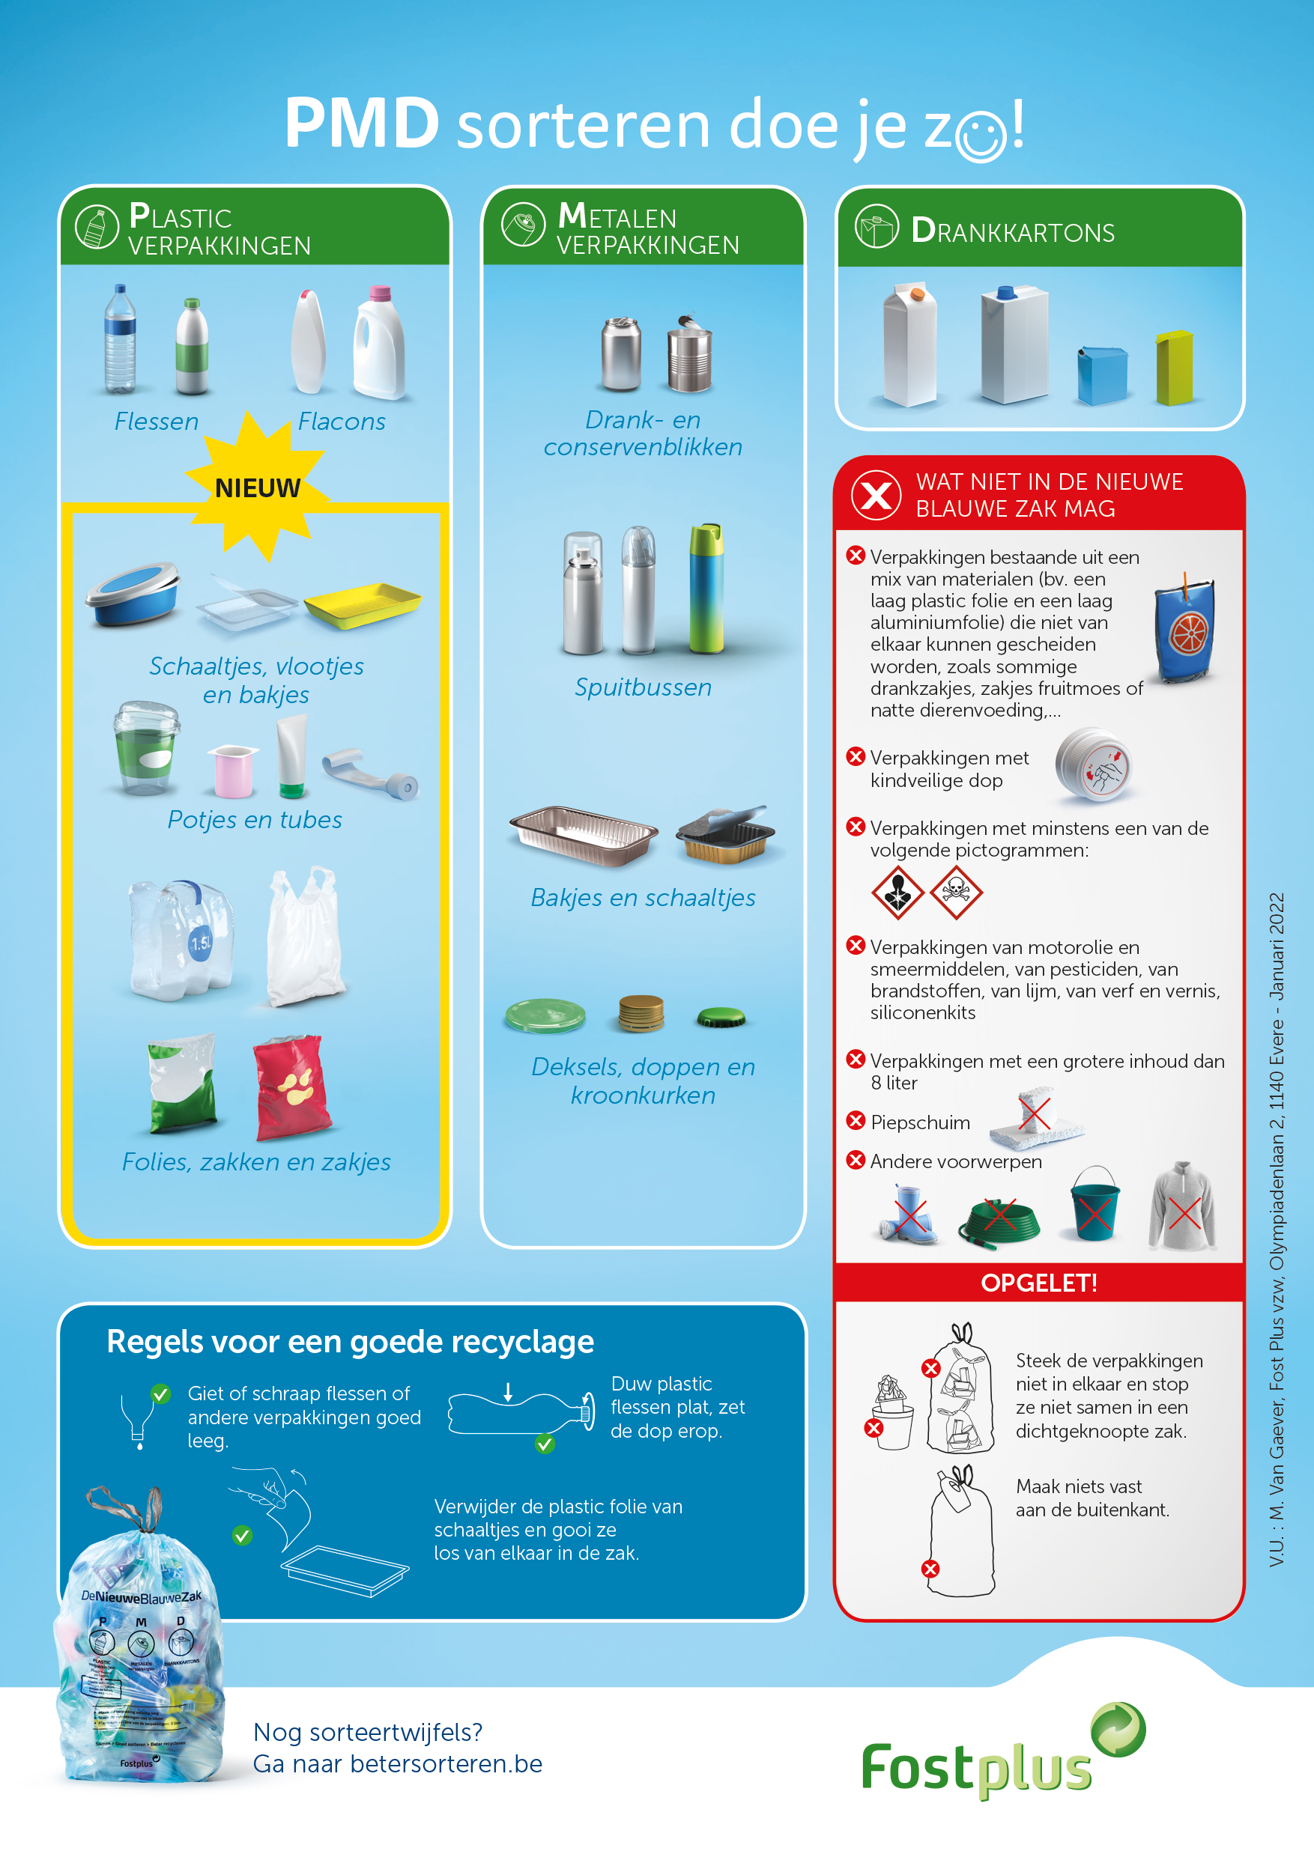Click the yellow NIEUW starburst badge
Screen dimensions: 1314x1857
[x=257, y=486]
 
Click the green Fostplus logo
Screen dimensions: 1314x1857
[x=1003, y=1752]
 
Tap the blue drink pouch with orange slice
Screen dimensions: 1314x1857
[x=1185, y=630]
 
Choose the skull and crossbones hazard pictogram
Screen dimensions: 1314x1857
[x=956, y=892]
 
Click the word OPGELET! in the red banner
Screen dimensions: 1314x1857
[x=1039, y=1283]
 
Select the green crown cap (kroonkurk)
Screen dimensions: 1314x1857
[x=721, y=1017]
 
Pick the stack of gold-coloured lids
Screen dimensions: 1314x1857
[x=641, y=1013]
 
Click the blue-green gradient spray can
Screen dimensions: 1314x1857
[x=706, y=588]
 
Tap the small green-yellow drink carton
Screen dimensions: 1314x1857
[x=1174, y=367]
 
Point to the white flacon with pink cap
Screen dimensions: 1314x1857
[x=380, y=343]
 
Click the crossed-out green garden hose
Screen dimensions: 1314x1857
[x=999, y=1221]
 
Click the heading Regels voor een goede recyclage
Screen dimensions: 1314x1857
[x=351, y=1343]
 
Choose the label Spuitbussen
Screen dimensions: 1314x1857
[x=644, y=687]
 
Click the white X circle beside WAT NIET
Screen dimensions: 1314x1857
[x=876, y=495]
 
